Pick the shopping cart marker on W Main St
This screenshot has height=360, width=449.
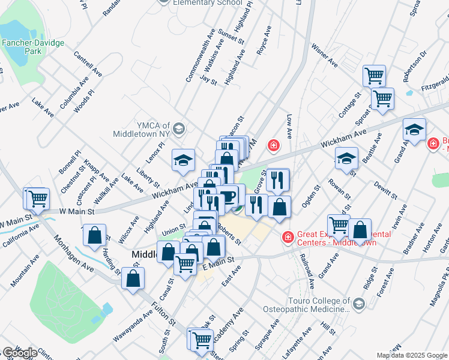(37, 199)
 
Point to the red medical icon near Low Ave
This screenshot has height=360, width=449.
(273, 145)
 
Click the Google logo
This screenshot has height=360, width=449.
(20, 353)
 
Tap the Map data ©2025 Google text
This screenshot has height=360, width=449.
(411, 355)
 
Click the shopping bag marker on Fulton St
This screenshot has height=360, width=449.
(133, 278)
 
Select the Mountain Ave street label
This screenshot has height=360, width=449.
(25, 270)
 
